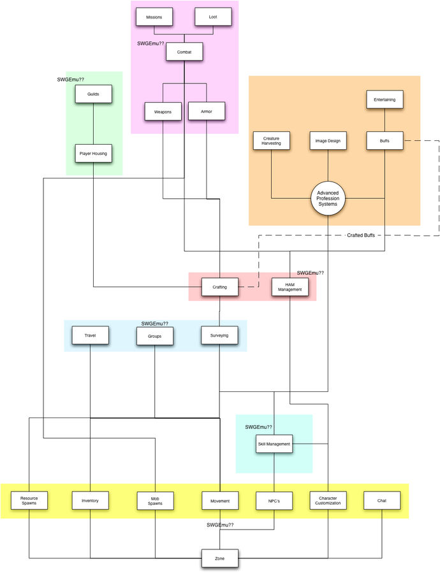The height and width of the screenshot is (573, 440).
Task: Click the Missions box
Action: tap(154, 17)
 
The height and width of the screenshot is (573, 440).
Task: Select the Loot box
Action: tap(212, 17)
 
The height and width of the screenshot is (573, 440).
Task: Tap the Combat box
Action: tap(184, 51)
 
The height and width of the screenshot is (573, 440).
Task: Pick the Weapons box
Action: tap(163, 112)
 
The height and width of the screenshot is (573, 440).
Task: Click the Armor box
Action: tap(206, 112)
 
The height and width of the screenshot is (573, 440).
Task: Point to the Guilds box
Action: tap(94, 95)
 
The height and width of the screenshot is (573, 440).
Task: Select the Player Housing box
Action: tap(94, 154)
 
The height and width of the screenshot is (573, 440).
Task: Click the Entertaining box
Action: tap(385, 99)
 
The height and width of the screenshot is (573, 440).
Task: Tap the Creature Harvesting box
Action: tap(272, 141)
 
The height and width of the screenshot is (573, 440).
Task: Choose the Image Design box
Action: tap(328, 141)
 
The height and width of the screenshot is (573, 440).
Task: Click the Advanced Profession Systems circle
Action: tap(328, 199)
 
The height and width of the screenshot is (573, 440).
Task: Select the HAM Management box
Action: tap(290, 288)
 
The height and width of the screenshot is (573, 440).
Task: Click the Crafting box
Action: tap(220, 287)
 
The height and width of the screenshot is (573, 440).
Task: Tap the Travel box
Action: tap(90, 335)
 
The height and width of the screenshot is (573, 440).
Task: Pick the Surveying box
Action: tap(219, 335)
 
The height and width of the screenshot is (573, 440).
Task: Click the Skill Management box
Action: tap(274, 444)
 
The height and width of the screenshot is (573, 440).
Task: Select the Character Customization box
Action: tap(328, 501)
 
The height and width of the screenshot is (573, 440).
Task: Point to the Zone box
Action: tap(220, 559)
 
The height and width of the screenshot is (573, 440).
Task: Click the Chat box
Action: tap(382, 501)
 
